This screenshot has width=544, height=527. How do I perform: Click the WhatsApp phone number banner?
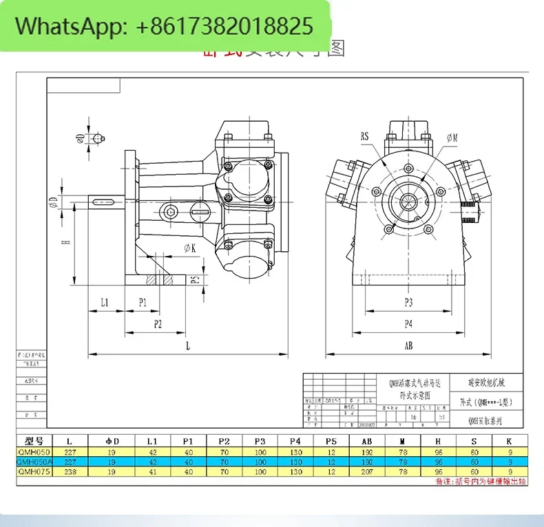[x=165, y=27]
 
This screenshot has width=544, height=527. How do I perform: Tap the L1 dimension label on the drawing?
[x=105, y=302]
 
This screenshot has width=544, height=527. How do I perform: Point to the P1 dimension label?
[x=143, y=302]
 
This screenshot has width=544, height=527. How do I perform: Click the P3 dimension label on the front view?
[x=408, y=302]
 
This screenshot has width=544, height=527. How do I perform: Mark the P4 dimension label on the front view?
[x=408, y=324]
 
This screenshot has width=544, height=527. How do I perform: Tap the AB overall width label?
[x=408, y=346]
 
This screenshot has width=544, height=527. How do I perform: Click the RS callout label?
[x=364, y=136]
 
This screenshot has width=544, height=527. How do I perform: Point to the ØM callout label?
[x=452, y=138]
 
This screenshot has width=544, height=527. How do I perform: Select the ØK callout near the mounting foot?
[x=190, y=247]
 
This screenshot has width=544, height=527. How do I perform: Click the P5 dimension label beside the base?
[x=195, y=279]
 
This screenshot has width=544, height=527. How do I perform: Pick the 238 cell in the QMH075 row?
[x=70, y=472]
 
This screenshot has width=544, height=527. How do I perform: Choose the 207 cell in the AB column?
[x=368, y=472]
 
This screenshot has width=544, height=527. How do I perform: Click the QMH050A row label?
[x=34, y=462]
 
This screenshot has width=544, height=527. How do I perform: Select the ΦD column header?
[x=113, y=441]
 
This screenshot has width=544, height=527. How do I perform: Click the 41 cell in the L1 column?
[x=151, y=472]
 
